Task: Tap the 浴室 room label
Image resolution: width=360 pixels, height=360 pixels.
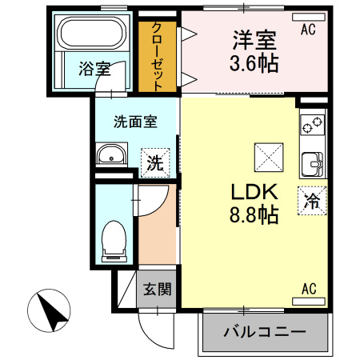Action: [94, 70]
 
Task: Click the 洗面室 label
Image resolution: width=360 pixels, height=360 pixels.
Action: [134, 122]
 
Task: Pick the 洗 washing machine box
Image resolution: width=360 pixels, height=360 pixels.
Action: [155, 162]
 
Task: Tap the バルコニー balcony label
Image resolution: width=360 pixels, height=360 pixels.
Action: [264, 331]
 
